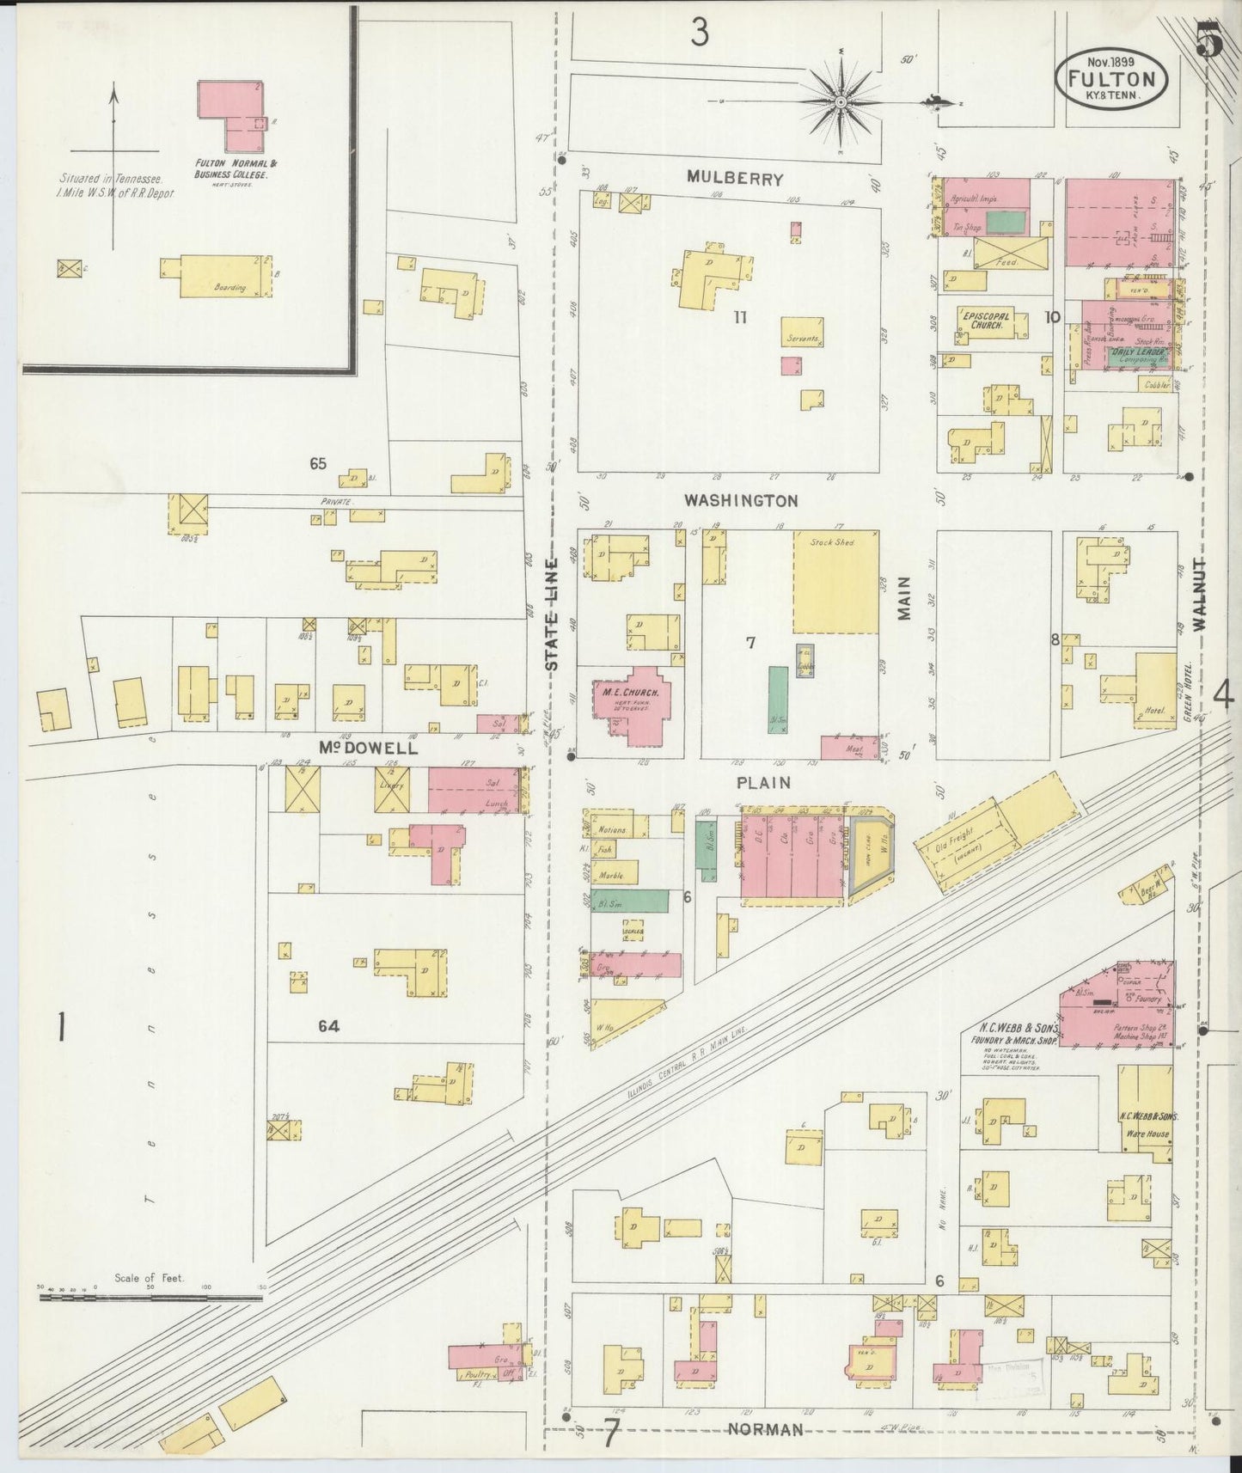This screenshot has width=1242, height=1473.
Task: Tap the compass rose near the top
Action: (841, 102)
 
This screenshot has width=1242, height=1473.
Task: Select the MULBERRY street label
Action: (735, 179)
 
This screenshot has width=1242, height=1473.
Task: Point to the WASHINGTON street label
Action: (741, 500)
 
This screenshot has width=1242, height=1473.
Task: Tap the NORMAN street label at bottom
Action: (766, 1429)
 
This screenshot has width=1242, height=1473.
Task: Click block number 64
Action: (328, 1025)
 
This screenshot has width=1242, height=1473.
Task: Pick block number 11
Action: (741, 317)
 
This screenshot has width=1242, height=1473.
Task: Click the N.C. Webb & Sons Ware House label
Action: (1147, 1125)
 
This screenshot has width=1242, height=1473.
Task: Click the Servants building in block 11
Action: (804, 333)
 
